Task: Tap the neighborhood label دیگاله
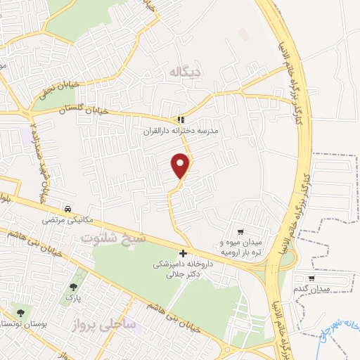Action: [185, 72]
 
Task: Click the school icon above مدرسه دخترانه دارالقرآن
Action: [181, 120]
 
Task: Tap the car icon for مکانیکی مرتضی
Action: [67, 209]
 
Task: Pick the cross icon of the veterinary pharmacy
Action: [184, 253]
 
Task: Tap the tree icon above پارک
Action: [73, 287]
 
